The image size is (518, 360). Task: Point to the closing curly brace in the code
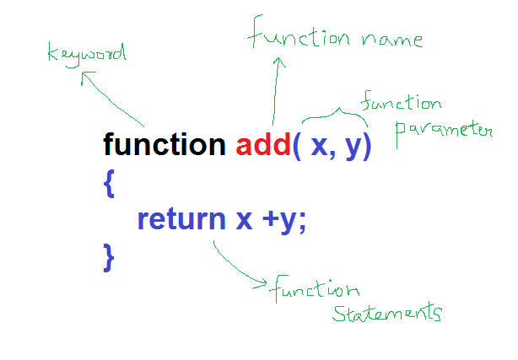point(108,255)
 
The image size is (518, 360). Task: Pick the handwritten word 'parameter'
point(443,131)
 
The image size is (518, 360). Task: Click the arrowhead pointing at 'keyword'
point(85,78)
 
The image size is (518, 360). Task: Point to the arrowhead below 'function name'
point(278,64)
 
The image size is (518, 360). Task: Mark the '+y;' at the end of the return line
point(284,220)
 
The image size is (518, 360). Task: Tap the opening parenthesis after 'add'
point(296,146)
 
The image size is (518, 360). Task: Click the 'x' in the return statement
point(244,220)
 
